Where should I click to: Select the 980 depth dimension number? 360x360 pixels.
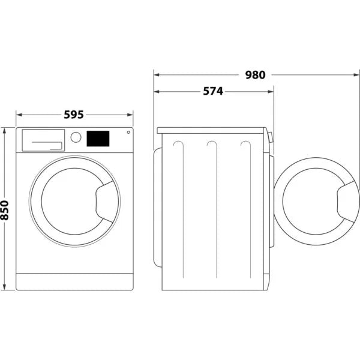tap(255, 75)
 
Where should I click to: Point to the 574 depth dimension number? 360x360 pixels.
tap(212, 91)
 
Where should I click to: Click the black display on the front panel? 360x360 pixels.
tap(98, 139)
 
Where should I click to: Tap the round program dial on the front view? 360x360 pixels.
tap(76, 137)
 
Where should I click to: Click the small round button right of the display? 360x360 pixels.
tap(128, 133)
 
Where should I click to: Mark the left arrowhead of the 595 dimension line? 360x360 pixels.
tap(18, 113)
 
